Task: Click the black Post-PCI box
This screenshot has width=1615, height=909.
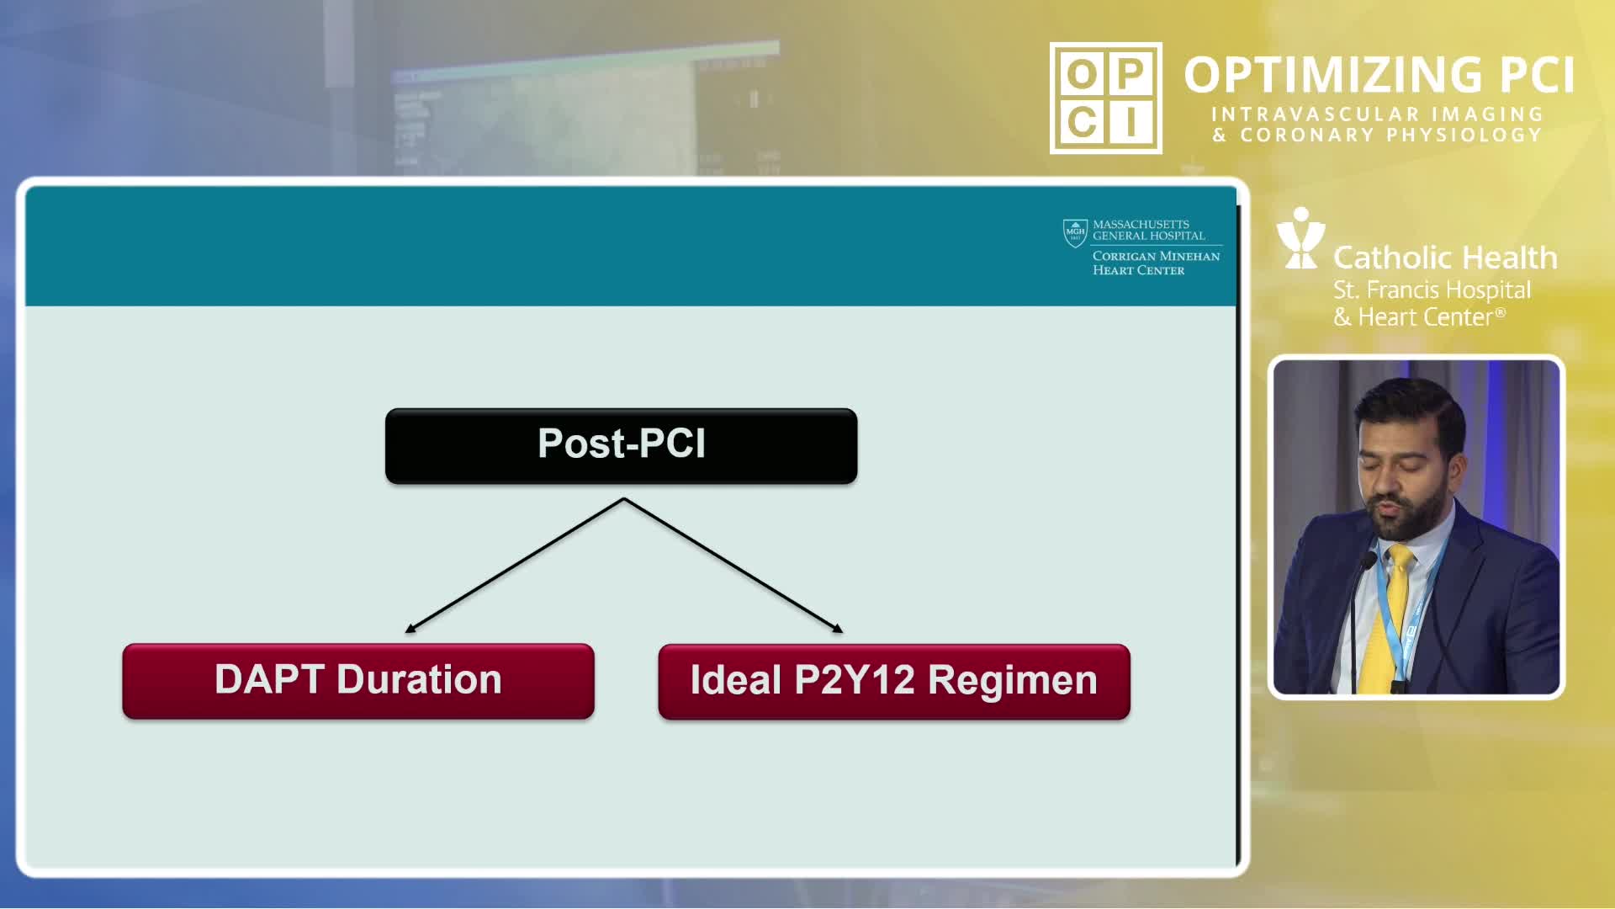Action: pos(622,446)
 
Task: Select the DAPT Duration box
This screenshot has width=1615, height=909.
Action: pos(358,681)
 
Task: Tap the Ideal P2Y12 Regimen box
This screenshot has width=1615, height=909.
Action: pos(894,682)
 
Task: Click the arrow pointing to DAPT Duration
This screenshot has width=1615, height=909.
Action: pos(515,565)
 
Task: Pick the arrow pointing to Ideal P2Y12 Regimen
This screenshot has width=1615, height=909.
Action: pos(733,565)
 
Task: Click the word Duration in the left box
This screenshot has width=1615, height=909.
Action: pos(419,679)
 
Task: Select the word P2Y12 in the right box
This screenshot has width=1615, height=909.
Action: pos(854,680)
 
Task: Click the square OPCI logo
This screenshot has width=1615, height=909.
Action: pos(1106,98)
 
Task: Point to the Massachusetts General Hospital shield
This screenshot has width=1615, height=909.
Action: pos(1075,233)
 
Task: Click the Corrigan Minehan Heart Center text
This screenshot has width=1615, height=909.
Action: pos(1156,263)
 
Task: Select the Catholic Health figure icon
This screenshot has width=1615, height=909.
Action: pos(1300,238)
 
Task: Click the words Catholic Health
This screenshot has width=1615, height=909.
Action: pos(1445,258)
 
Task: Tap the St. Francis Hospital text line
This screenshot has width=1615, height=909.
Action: pos(1432,290)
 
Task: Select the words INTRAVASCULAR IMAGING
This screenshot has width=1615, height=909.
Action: pos(1377,114)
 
